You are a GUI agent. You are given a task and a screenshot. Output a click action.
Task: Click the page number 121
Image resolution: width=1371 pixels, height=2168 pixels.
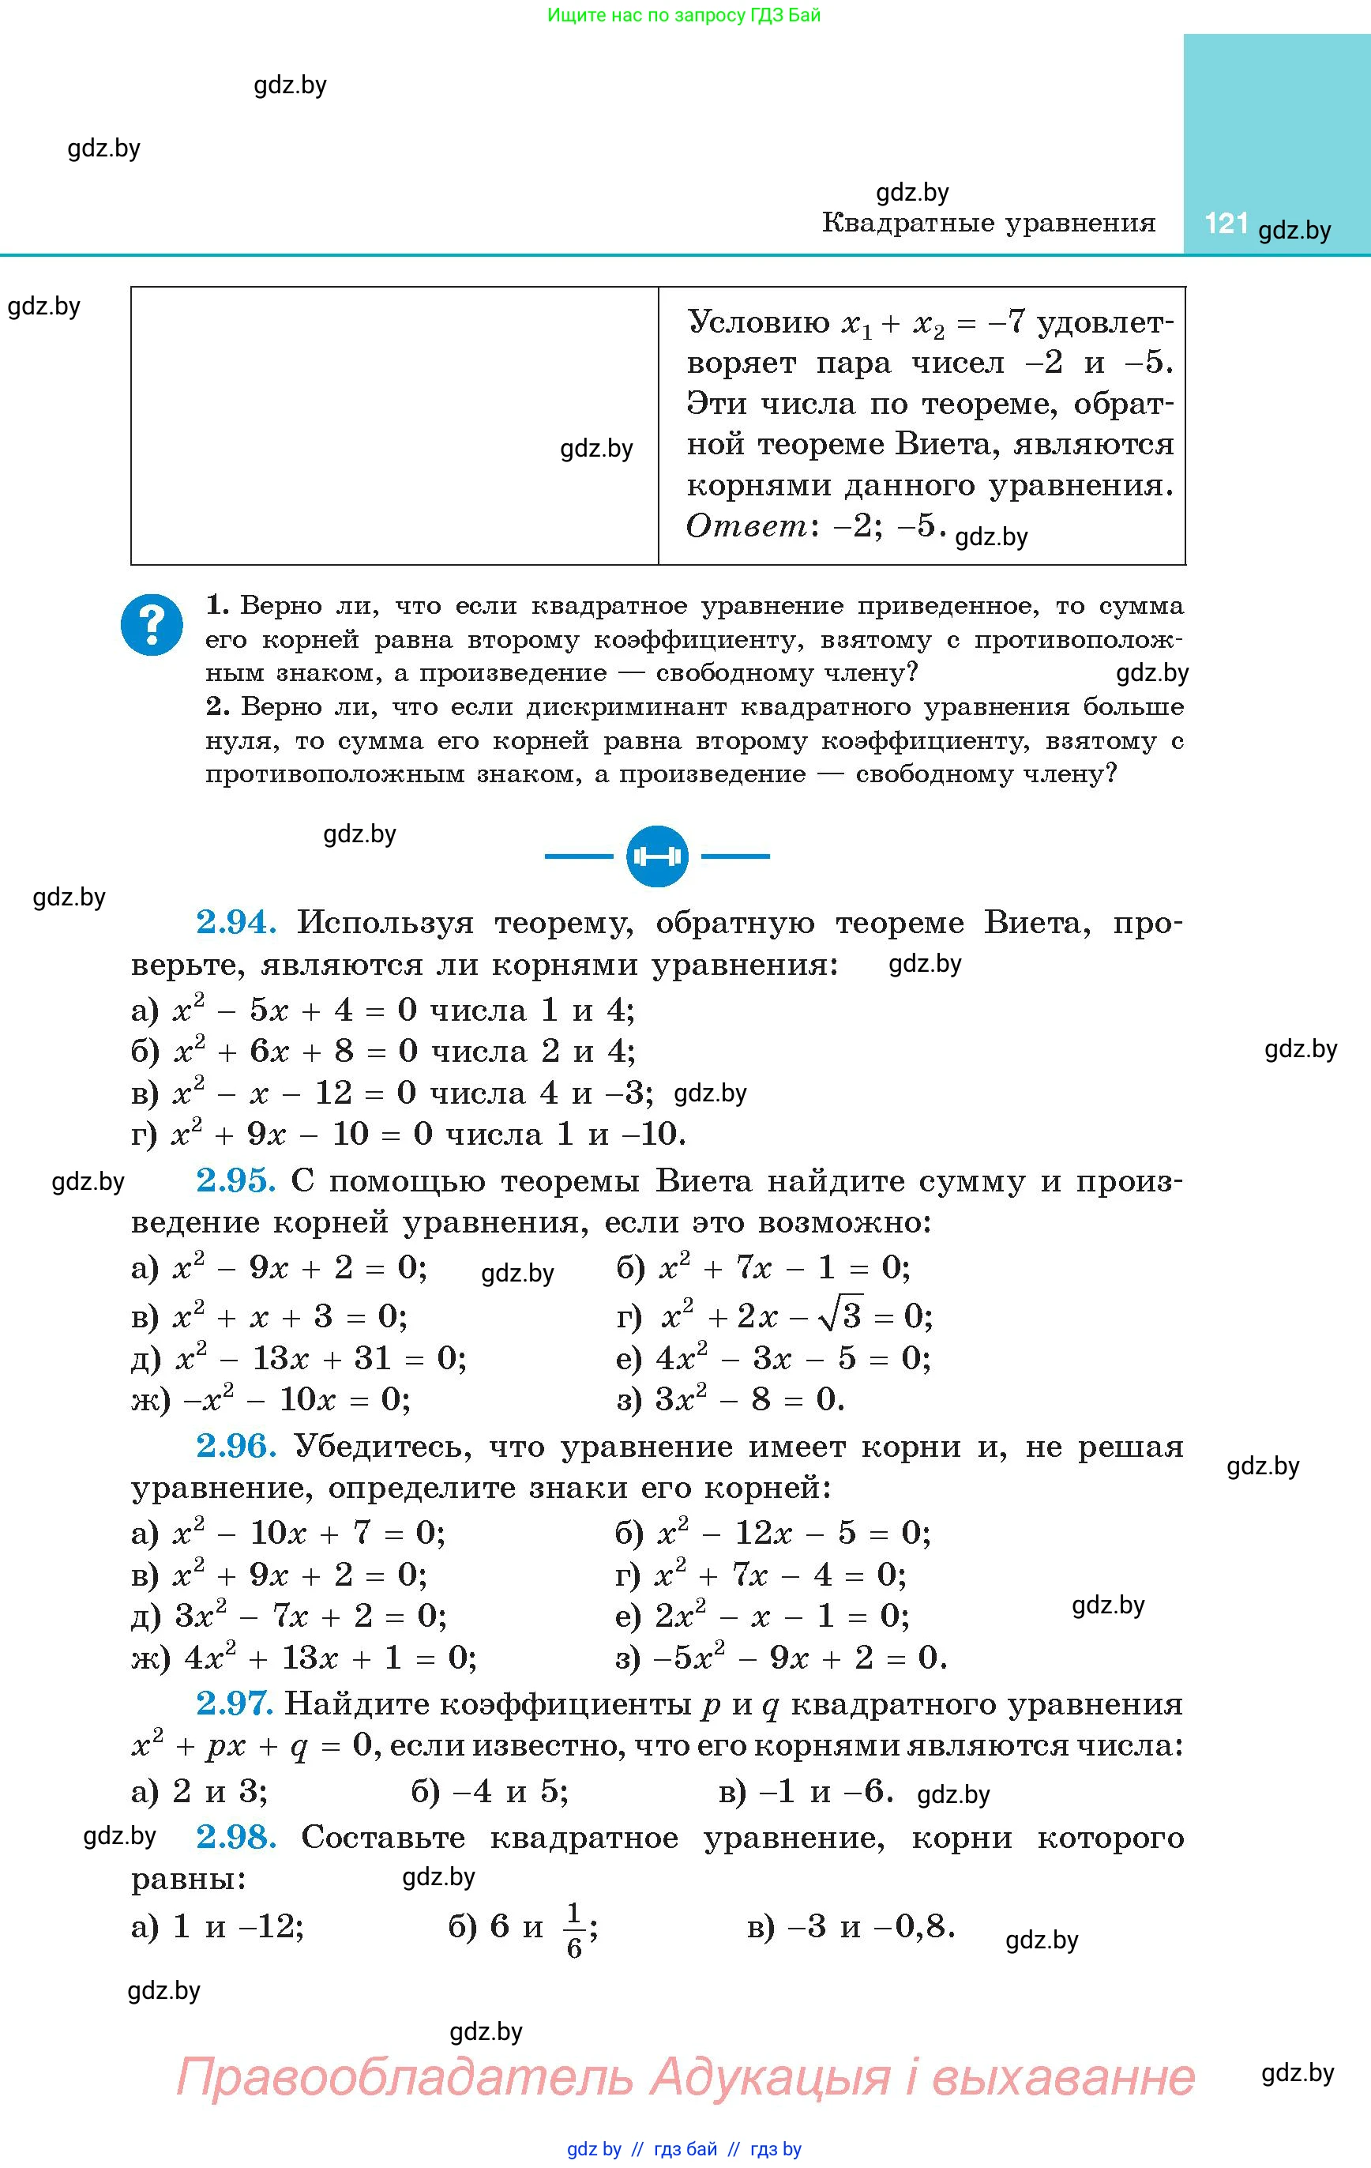coord(1225,224)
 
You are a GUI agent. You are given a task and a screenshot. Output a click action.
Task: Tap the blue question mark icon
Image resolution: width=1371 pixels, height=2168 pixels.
coord(151,624)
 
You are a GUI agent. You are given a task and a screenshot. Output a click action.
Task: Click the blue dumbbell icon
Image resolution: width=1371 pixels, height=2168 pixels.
coord(657,856)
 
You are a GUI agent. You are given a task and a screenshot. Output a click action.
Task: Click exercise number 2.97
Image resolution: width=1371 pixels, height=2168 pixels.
coord(234,1703)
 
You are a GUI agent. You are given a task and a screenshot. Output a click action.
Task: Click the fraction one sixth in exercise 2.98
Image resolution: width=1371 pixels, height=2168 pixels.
coord(574,1928)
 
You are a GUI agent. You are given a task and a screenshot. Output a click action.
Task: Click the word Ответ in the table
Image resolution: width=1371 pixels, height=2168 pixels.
coord(746,525)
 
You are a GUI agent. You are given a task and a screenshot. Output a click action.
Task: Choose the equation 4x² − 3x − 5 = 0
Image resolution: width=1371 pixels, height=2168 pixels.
coord(792,1357)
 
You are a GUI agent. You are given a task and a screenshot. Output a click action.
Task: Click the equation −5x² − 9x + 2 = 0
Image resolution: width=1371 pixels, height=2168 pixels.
coord(801,1657)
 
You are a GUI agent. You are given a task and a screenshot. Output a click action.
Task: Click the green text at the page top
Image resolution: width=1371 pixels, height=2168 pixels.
coord(684,15)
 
